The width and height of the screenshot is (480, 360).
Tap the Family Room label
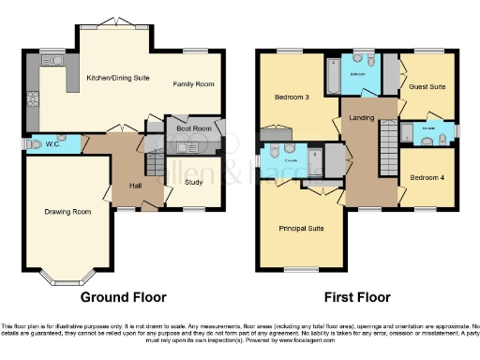pos(193,84)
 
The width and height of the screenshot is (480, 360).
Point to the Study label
pos(194,182)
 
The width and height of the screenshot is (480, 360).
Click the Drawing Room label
pos(67,212)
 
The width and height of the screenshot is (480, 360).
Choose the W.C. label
pos(52,143)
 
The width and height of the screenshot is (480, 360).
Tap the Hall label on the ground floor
pos(135,186)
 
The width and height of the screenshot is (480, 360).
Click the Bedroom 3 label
pos(292,97)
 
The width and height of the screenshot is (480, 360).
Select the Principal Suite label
pos(301,228)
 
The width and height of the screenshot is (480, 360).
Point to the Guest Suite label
pos(427,87)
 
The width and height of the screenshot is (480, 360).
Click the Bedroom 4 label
pos(428,175)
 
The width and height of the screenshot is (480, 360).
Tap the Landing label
pos(362,116)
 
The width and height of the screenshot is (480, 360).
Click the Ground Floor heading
pos(123,297)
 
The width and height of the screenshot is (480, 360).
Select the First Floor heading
pos(356,297)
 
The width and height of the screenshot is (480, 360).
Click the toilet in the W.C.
pos(33,143)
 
